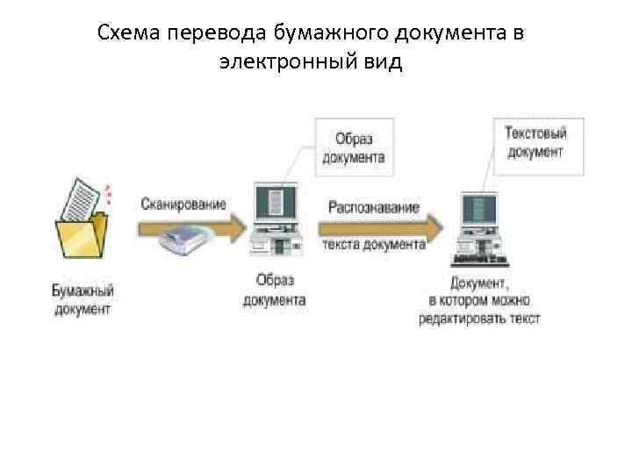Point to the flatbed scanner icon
click(x=185, y=238)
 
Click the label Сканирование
click(x=183, y=205)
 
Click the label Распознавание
click(x=374, y=208)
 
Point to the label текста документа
click(x=374, y=245)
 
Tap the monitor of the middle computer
click(x=275, y=205)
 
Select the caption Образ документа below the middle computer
click(x=274, y=290)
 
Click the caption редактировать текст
click(x=479, y=318)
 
